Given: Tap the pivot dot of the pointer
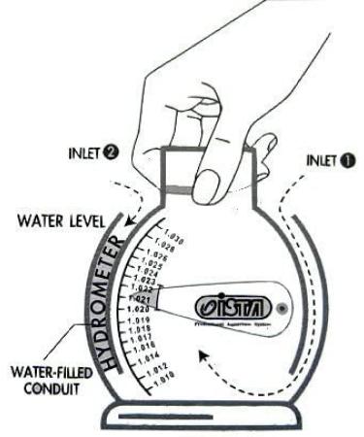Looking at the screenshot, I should click(x=282, y=310).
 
